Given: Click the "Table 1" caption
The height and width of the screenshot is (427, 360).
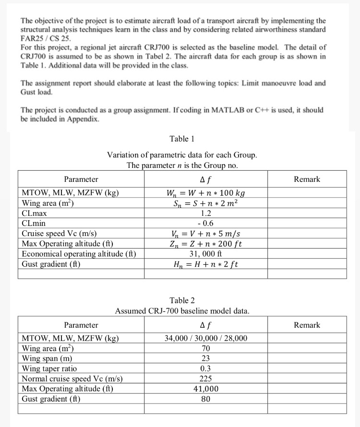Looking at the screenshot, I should pos(182,139).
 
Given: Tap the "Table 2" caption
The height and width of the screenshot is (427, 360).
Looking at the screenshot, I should pos(182,300).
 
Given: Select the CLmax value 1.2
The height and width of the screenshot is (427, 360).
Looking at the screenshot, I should pos(206,213).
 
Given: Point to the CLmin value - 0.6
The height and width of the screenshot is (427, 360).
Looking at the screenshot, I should pos(206,224).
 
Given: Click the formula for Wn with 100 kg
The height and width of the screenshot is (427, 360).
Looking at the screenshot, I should pos(205,193).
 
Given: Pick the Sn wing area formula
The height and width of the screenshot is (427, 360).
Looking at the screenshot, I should pos(205,203).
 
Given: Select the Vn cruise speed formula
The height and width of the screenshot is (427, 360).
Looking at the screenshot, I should pos(205,234).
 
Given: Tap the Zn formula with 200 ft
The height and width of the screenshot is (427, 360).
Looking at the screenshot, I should pos(205,244).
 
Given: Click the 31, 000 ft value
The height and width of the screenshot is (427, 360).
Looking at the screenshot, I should pos(206,254).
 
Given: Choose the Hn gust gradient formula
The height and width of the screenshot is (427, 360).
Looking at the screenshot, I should pos(205,264).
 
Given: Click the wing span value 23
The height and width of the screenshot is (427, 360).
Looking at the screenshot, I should pos(206,358).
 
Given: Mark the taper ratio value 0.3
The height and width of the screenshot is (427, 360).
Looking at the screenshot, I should pos(206,368).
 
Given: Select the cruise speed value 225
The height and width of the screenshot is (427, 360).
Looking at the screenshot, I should pos(206,379).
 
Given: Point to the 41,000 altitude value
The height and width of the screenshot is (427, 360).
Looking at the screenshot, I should pos(206,389).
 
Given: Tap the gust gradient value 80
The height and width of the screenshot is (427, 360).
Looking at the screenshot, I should pos(206,398).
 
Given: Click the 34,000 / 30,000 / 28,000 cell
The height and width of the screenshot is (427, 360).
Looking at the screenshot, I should pos(206,338).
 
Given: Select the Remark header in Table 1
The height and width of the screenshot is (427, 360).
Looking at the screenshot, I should pos(307,179).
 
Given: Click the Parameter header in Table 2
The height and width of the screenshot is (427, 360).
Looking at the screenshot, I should pos(81,325).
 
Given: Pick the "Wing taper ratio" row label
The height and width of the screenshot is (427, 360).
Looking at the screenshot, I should pos(49,368).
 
